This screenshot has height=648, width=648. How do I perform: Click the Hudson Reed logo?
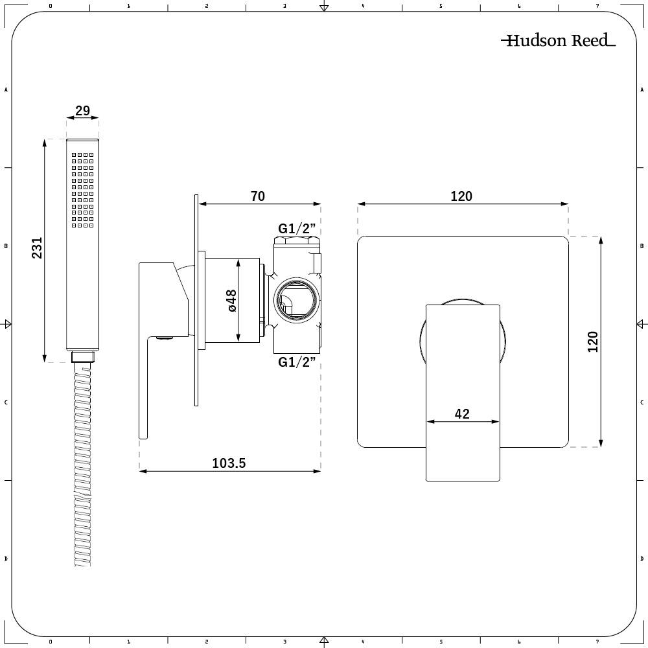tap(558, 41)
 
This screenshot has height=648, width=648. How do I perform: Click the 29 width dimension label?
tap(82, 111)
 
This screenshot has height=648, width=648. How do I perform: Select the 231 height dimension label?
tap(37, 248)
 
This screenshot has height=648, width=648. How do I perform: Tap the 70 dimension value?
tap(258, 196)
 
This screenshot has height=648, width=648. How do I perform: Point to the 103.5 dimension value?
tap(229, 463)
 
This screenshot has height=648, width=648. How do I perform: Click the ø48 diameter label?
tap(231, 300)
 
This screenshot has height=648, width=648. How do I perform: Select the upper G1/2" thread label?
tap(296, 228)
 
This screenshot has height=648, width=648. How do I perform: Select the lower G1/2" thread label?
tap(296, 362)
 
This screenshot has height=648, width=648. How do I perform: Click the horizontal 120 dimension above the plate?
tap(461, 196)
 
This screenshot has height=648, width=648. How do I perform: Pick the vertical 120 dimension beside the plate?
tap(592, 341)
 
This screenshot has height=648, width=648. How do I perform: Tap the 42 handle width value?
tap(462, 413)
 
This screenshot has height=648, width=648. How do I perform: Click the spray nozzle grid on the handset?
tap(83, 190)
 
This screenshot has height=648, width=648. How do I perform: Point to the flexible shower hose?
tap(82, 467)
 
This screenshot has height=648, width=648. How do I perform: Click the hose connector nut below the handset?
tap(82, 356)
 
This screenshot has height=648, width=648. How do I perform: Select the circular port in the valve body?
tap(296, 300)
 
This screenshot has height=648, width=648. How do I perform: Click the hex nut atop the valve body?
tap(297, 243)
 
